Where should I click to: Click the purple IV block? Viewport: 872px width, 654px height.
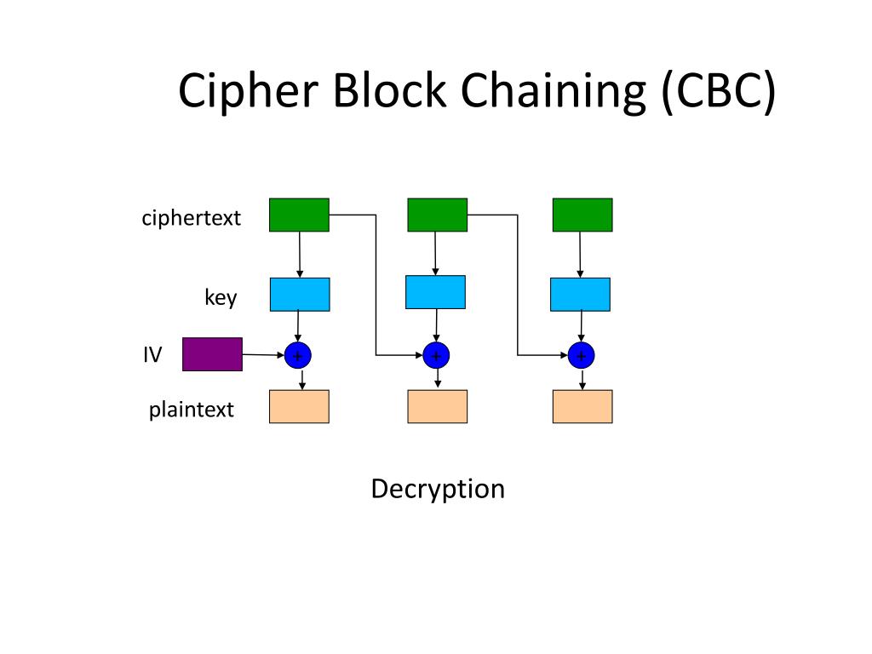[x=212, y=354]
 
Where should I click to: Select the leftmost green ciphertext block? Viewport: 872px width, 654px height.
[x=299, y=215]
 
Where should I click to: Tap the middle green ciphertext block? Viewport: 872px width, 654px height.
[x=437, y=215]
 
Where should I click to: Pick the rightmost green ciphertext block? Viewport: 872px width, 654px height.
[x=582, y=215]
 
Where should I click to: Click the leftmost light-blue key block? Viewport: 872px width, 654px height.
[x=300, y=294]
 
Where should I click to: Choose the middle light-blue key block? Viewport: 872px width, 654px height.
[x=435, y=292]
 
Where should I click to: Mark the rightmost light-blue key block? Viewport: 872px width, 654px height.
[x=580, y=294]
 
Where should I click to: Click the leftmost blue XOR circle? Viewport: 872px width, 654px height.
[x=297, y=355]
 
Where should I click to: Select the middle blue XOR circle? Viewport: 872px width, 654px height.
[x=436, y=355]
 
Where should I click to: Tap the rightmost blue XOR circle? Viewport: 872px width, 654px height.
[x=581, y=355]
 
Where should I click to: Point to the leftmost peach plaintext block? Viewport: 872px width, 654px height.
[x=299, y=406]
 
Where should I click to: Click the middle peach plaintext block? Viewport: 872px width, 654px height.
[x=437, y=406]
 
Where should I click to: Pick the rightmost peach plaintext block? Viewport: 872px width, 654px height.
[x=582, y=406]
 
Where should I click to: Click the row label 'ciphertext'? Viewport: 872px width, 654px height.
[x=192, y=218]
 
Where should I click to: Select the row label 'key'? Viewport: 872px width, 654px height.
[x=221, y=297]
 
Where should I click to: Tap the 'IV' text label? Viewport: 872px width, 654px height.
[x=152, y=355]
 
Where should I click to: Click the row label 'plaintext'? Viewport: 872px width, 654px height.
[x=192, y=410]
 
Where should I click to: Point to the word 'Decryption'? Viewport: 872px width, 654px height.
[x=438, y=490]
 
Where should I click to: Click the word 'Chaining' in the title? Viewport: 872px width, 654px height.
[x=554, y=92]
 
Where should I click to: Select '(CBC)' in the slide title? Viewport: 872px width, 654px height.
[x=719, y=92]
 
